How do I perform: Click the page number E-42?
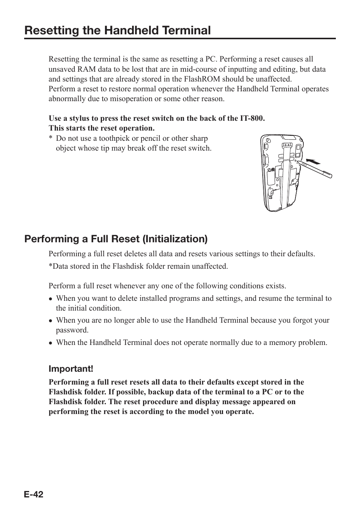click(34, 494)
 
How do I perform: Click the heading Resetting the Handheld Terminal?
click(117, 30)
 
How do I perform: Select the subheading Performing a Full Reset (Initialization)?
click(116, 239)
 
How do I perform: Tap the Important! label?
click(71, 368)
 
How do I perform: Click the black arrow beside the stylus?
click(313, 162)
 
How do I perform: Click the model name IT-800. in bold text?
click(252, 118)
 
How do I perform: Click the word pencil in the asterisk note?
click(151, 138)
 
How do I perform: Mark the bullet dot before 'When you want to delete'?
click(51, 299)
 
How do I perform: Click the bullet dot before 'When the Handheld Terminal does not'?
click(51, 343)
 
